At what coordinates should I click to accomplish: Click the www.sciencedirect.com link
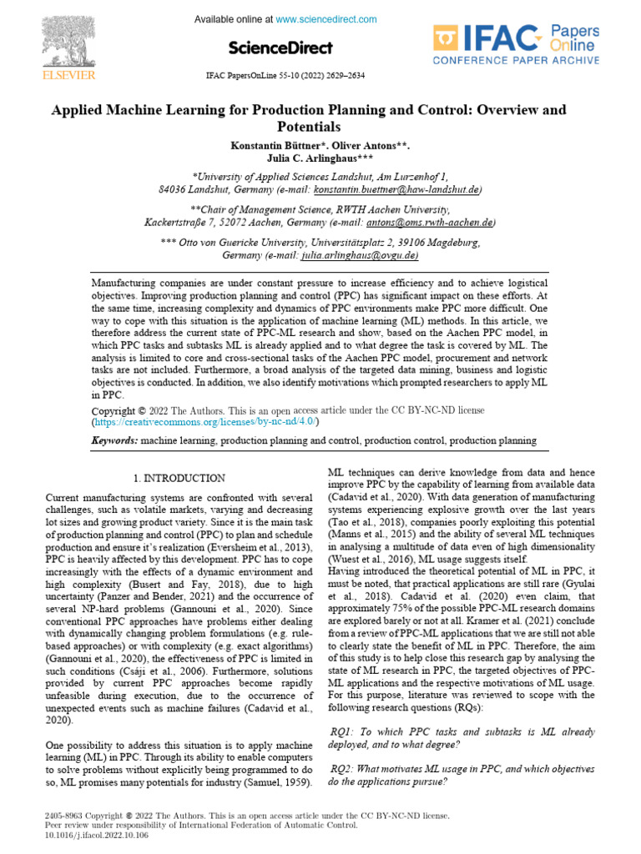click(326, 19)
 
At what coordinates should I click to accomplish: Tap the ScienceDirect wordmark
click(280, 48)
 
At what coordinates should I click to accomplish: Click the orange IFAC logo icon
click(445, 39)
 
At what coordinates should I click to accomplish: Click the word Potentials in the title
click(308, 128)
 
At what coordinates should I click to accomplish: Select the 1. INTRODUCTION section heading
click(179, 479)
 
